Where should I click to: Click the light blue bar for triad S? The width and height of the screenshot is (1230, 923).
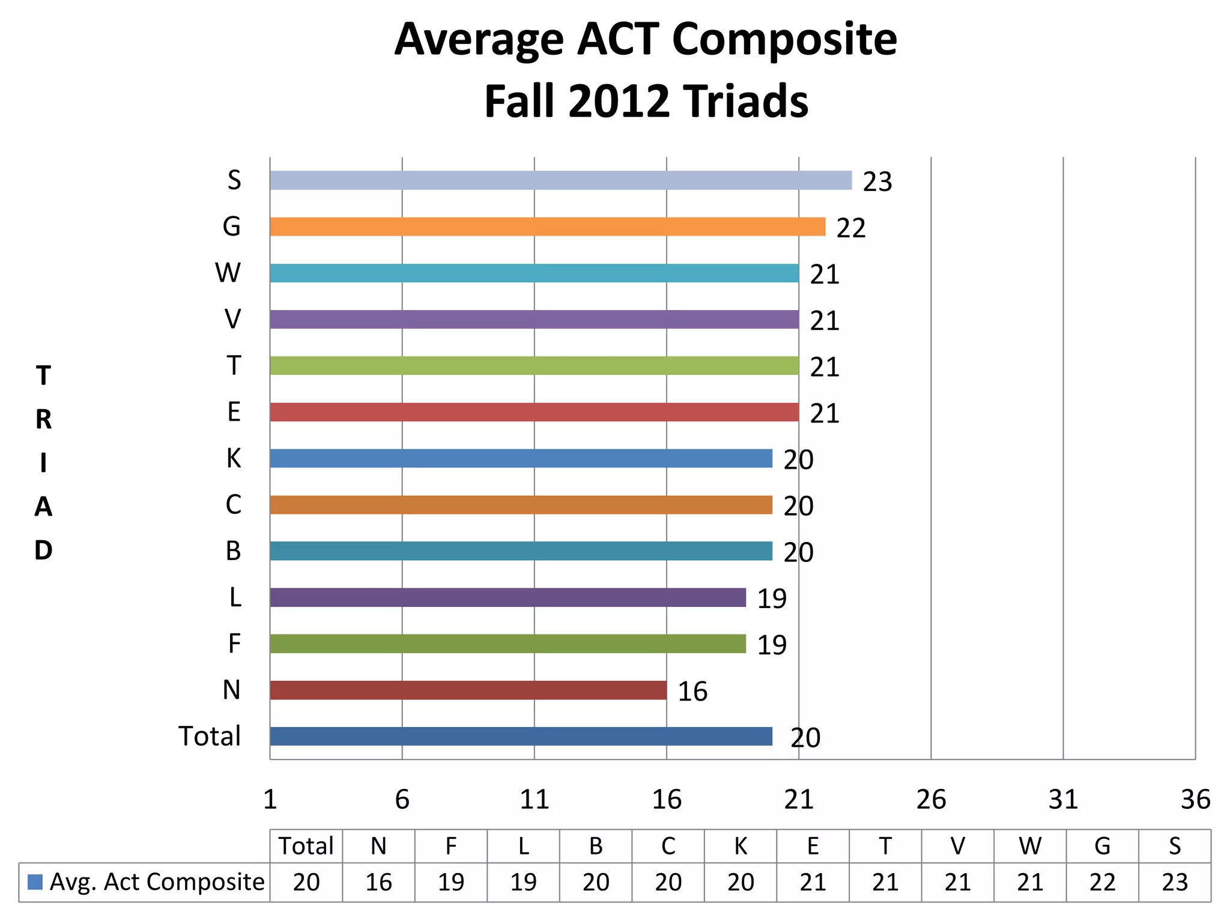[x=560, y=180]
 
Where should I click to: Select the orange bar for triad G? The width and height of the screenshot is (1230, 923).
[x=547, y=227]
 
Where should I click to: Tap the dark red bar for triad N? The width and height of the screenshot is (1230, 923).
[x=468, y=690]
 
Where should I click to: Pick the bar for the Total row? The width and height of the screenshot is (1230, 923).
[x=521, y=736]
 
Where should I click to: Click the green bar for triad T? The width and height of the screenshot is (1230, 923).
[x=534, y=365]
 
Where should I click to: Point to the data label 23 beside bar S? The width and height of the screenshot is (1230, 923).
[x=877, y=182]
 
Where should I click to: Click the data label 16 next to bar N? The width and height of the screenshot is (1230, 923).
[x=692, y=692]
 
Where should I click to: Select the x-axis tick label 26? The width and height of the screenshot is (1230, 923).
[x=931, y=800]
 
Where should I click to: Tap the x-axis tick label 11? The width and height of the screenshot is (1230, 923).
[x=534, y=800]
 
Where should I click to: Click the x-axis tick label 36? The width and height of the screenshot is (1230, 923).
[x=1195, y=800]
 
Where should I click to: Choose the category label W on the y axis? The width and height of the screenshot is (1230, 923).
[x=228, y=273]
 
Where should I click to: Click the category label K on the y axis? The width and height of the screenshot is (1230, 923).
[x=233, y=458]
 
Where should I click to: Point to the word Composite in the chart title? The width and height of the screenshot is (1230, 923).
[x=784, y=40]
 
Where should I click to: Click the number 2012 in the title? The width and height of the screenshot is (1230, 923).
[x=619, y=101]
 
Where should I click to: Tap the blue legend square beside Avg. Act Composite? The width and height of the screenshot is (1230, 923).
[x=35, y=882]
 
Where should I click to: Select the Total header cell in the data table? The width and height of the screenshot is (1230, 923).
[x=306, y=846]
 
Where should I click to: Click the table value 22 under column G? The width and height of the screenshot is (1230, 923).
[x=1102, y=882]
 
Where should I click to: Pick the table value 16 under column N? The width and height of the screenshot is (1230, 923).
[x=378, y=882]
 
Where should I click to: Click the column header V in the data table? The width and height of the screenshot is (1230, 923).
[x=957, y=846]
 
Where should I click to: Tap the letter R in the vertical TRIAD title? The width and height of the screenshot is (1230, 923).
[x=43, y=419]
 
